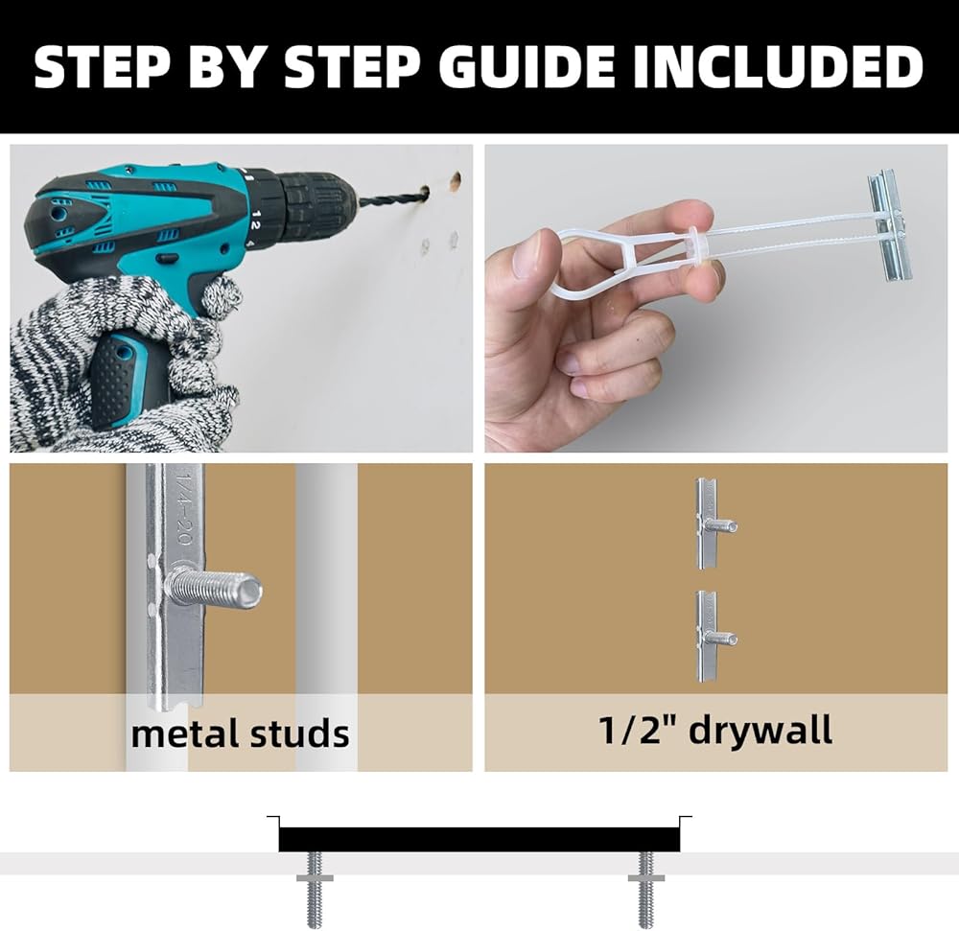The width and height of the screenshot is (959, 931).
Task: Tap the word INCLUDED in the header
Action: [778, 66]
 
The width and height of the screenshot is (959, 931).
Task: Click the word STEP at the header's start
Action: [102, 66]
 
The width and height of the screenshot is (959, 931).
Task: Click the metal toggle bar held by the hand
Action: [890, 225]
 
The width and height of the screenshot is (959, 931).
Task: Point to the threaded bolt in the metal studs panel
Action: [214, 590]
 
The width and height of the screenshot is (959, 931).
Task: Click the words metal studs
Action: [240, 733]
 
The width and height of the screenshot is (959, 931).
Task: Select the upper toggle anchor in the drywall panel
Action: [715, 524]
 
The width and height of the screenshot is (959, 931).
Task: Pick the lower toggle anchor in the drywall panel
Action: [715, 637]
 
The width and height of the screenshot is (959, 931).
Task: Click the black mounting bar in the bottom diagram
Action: [479, 839]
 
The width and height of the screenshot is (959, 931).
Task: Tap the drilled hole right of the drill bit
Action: [455, 180]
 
